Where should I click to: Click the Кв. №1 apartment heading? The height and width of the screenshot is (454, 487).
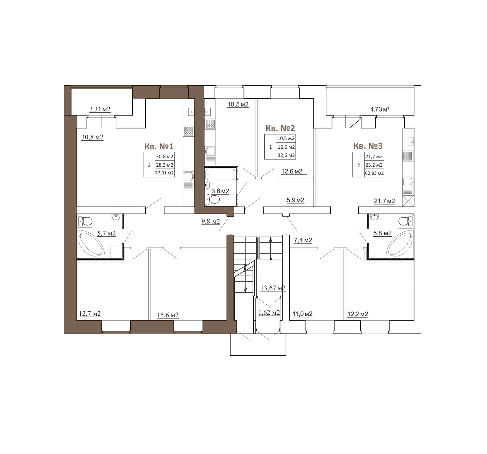click(159, 146)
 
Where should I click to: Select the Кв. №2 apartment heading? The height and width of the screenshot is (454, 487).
click(280, 128)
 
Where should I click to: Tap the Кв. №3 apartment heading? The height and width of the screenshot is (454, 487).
click(368, 145)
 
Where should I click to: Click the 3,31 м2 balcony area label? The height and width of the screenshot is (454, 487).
click(100, 109)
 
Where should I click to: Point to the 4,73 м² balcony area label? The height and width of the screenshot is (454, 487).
click(380, 109)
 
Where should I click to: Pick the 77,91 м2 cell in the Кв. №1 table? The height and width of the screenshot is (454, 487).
click(165, 173)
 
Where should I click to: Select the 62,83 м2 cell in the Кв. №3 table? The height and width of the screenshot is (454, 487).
click(374, 173)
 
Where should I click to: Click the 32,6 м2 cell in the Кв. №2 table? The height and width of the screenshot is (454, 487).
click(286, 155)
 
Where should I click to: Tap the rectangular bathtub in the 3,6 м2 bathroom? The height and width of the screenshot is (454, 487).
click(220, 174)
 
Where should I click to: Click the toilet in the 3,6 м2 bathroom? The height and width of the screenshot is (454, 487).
click(213, 199)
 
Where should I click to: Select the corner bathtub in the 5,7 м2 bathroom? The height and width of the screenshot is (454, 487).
click(91, 243)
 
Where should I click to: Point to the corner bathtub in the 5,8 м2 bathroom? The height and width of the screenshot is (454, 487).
click(400, 243)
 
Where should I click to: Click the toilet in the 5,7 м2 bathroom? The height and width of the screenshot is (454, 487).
click(85, 222)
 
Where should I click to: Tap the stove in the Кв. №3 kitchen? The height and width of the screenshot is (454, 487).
click(408, 156)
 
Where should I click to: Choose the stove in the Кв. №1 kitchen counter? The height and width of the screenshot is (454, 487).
click(188, 131)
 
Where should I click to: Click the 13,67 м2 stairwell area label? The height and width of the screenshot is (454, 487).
click(273, 288)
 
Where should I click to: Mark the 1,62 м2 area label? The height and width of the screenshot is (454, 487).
click(269, 312)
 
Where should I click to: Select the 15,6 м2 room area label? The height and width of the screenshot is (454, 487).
click(168, 315)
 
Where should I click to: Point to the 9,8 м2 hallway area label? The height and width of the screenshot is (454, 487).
click(211, 222)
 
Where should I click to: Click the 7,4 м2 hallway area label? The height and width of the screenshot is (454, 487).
click(303, 240)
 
